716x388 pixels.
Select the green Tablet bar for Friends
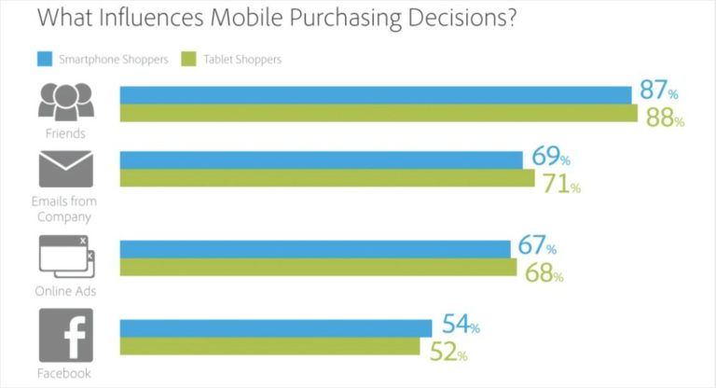pos(379,114)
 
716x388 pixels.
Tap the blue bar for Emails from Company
pos(321,160)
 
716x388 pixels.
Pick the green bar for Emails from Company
pos(327,178)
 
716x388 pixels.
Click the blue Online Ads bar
pos(315,249)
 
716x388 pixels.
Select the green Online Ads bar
pos(318,268)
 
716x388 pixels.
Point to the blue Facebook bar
pos(276,328)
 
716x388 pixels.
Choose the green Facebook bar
pos(270,346)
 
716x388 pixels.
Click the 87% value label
pos(658,91)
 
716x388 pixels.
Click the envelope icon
pos(65,169)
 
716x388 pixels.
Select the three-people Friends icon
pos(65,101)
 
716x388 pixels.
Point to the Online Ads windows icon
pos(65,256)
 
